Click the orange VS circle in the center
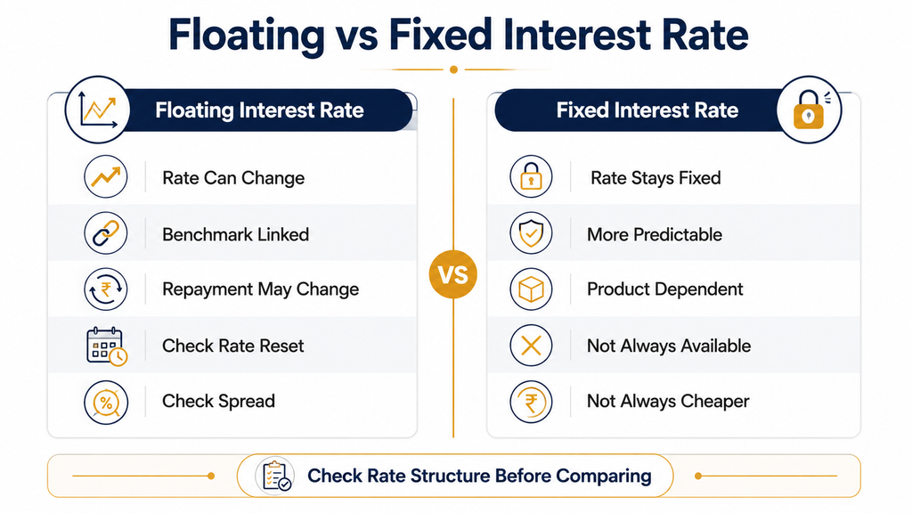(x=453, y=274)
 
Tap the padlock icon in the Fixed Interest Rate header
(x=809, y=110)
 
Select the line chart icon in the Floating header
(x=98, y=110)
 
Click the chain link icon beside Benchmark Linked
(x=106, y=233)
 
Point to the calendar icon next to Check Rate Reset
(x=107, y=346)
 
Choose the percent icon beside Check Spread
(x=106, y=402)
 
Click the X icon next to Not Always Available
(x=531, y=346)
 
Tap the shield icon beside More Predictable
(x=531, y=233)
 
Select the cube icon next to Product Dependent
(x=531, y=289)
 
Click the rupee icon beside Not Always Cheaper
(x=531, y=402)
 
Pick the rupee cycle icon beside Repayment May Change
(x=106, y=289)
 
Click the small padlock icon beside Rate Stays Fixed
(x=531, y=177)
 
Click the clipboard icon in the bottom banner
(x=274, y=476)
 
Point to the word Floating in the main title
(x=246, y=36)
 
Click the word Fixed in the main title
(x=441, y=35)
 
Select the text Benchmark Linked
(x=235, y=234)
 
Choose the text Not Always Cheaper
(x=668, y=402)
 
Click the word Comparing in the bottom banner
(x=604, y=476)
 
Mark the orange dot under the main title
(x=453, y=69)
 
